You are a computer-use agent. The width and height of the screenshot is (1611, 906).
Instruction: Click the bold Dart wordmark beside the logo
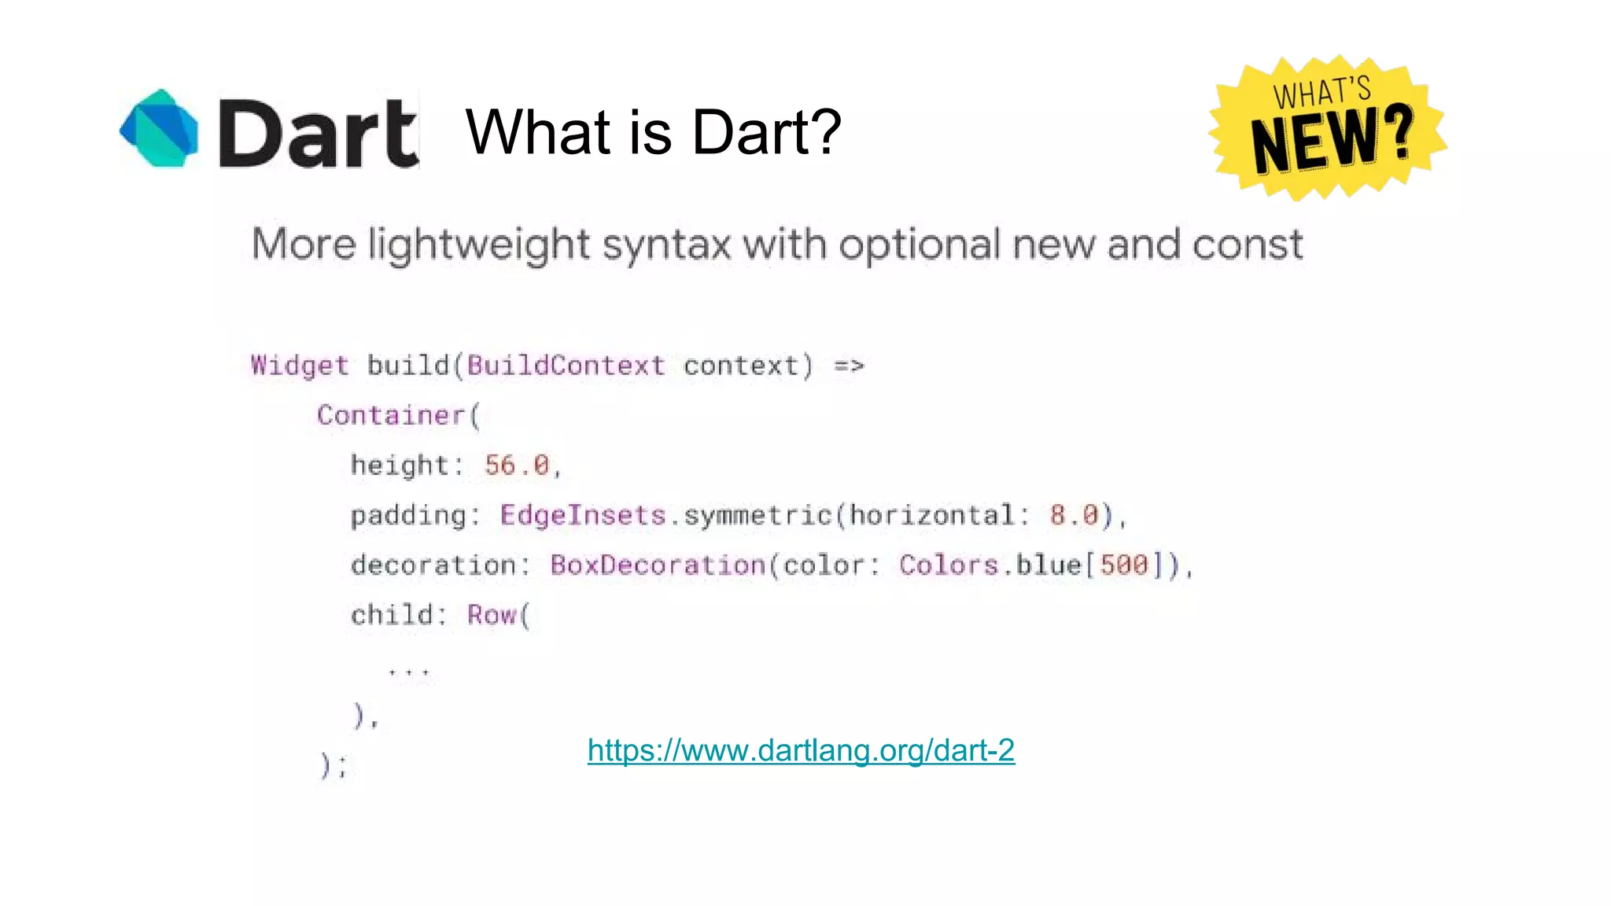(x=318, y=134)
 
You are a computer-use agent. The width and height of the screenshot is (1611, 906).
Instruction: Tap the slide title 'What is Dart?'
(x=653, y=131)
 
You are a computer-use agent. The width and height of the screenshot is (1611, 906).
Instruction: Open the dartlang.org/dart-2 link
(x=801, y=750)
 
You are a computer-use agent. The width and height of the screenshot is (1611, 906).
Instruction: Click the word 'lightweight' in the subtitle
(x=478, y=244)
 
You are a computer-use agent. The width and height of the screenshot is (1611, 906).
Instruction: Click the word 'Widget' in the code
(x=299, y=366)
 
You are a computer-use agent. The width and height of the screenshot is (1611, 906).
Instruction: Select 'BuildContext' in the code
(x=566, y=366)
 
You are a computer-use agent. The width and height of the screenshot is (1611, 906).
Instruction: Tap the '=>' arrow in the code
(x=849, y=366)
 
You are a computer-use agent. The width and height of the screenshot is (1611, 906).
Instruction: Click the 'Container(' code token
(x=398, y=415)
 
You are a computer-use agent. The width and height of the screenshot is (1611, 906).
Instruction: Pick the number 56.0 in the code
(x=517, y=465)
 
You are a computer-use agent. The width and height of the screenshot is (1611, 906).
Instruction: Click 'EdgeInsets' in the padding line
(x=583, y=515)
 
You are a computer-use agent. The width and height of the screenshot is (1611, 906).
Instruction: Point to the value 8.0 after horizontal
(x=1074, y=515)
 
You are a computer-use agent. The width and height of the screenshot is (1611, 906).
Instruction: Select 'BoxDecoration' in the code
(x=658, y=565)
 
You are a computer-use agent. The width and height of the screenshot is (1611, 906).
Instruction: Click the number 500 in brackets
(x=1123, y=565)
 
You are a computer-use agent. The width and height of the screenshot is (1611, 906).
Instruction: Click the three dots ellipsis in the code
(x=409, y=671)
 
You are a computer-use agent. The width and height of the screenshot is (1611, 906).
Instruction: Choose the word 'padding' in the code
(x=409, y=515)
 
